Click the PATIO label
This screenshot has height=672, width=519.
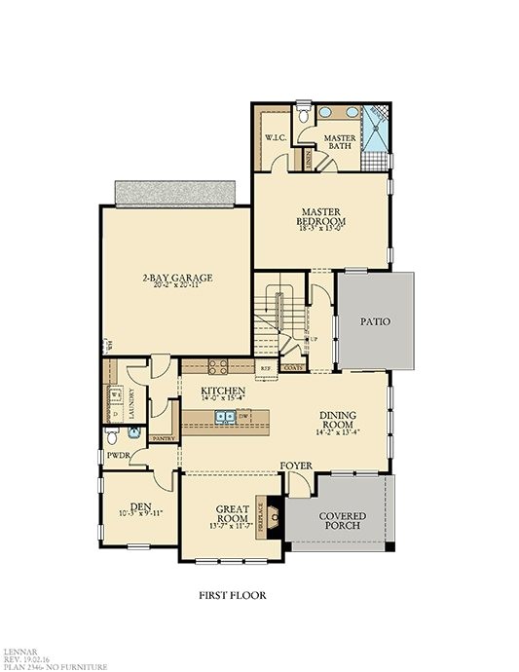376,320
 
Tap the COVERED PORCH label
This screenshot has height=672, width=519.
338,519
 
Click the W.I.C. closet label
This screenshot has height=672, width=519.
274,138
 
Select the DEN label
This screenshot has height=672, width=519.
141,507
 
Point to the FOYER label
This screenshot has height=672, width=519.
296,467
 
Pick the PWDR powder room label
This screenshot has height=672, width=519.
119,455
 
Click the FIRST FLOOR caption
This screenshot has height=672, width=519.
233,594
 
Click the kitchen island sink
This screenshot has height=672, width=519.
224,417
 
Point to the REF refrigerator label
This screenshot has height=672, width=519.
265,368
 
